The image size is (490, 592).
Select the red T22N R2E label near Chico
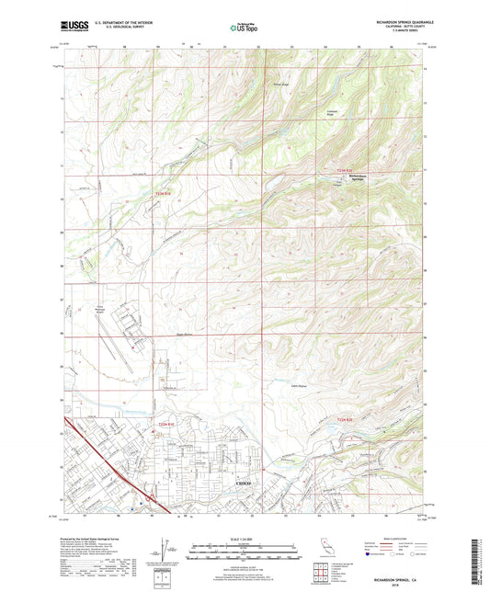pos(336,420)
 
